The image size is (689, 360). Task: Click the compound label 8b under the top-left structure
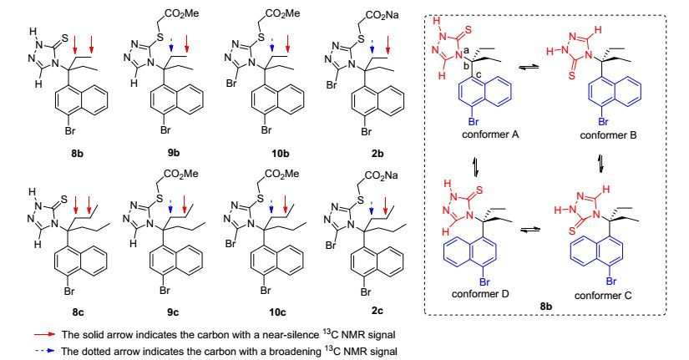(x=78, y=154)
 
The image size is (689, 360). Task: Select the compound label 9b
(x=173, y=153)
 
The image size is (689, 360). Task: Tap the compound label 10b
(x=281, y=154)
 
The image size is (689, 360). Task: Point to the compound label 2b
(x=377, y=154)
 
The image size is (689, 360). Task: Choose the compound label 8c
(x=78, y=312)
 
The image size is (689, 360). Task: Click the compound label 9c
(x=173, y=312)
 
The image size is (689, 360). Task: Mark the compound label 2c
(x=377, y=311)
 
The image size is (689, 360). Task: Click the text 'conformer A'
(x=490, y=134)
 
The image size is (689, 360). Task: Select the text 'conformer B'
(x=608, y=135)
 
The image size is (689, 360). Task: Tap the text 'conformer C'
(x=602, y=296)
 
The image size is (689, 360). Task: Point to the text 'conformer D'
(x=480, y=293)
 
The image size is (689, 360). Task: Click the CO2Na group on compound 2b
(x=382, y=15)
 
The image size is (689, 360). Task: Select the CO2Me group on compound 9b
(x=183, y=13)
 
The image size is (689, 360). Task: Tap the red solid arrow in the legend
(x=45, y=334)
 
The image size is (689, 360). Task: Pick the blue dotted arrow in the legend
(x=45, y=351)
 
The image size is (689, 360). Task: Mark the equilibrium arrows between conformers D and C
(x=529, y=230)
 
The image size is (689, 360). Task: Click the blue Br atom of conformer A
(x=474, y=121)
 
